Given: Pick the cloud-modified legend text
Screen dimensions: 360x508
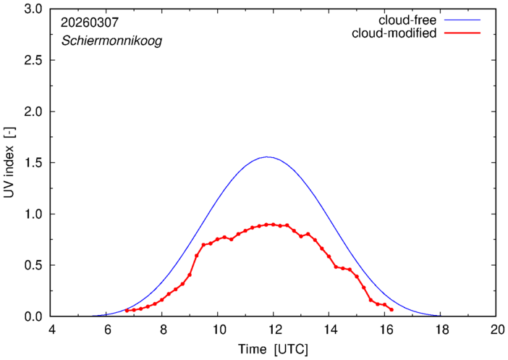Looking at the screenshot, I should coord(394,33).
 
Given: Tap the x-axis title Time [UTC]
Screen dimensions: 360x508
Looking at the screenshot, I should coord(274,349).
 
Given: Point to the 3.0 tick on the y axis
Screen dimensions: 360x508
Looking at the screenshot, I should coord(34,9).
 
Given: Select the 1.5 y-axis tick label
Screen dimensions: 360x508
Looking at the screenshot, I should coord(34,163).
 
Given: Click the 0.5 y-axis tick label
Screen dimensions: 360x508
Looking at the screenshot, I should coord(34,265).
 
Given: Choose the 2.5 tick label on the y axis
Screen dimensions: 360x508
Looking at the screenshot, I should coord(34,61).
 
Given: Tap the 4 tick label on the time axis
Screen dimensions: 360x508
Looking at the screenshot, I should coord(51,330).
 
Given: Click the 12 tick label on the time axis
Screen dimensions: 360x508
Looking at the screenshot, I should coord(274,330).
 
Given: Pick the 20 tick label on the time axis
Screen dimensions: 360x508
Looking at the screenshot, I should coord(496,330).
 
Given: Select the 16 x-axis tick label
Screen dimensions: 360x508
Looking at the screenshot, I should coord(385,330).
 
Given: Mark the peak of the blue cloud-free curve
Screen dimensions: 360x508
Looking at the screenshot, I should coord(268,156).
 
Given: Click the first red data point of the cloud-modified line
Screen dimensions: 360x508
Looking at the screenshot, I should coord(127,310).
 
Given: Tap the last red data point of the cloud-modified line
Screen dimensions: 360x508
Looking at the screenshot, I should coord(391,309).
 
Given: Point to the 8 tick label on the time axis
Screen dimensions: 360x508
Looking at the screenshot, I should coord(162,330).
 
